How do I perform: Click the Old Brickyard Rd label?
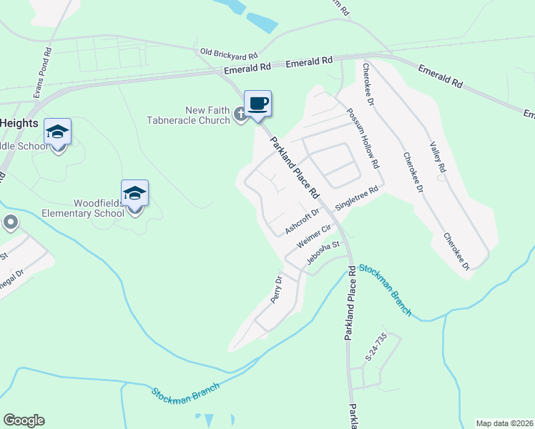point(229,52)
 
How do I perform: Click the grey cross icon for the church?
point(241,117)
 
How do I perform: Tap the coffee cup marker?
point(257,104)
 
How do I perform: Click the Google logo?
point(24,420)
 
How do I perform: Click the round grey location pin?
point(10,223)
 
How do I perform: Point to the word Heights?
point(19,123)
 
